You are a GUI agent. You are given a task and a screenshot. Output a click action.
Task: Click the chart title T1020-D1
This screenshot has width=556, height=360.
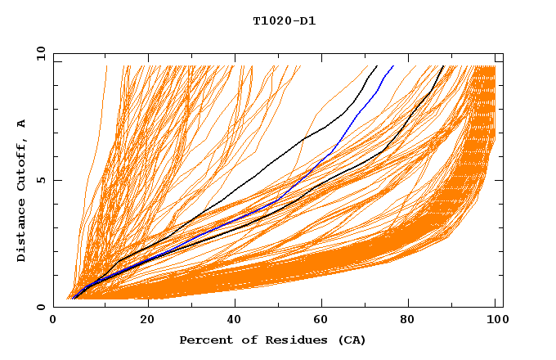tap(284, 20)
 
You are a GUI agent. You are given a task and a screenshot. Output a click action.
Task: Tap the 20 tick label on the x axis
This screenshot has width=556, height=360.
tap(146, 320)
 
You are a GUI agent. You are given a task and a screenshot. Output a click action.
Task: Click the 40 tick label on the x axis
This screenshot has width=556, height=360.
tap(234, 320)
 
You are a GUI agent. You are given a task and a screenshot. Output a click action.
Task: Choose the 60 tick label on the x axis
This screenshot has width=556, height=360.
tap(322, 320)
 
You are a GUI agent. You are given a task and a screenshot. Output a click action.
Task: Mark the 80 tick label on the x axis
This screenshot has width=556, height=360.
tap(410, 320)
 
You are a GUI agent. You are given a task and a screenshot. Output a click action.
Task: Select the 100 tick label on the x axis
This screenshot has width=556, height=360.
tap(495, 320)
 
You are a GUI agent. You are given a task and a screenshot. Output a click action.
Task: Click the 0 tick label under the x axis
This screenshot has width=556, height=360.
tap(54, 320)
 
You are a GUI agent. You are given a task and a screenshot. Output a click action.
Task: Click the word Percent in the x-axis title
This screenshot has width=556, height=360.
tap(204, 340)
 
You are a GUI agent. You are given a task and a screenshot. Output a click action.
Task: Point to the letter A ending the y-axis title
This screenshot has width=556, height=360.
tap(21, 124)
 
